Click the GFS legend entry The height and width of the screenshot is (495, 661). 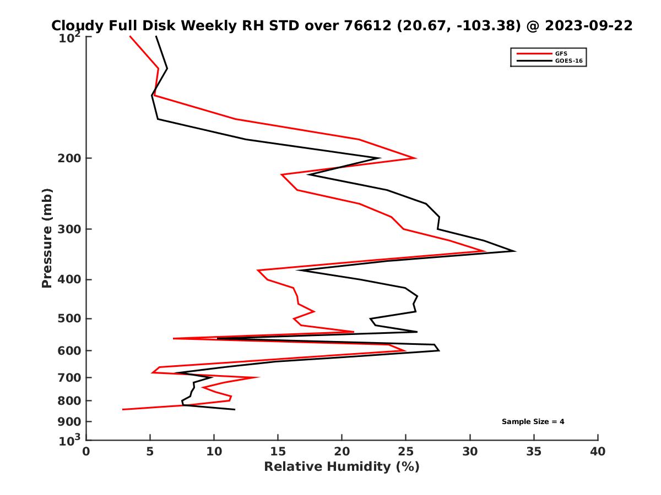(561, 53)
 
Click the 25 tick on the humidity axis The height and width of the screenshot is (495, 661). (406, 452)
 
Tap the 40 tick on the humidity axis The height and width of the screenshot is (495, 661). (598, 452)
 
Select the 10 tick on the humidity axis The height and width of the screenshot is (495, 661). (214, 452)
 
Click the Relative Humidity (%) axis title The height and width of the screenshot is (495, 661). (342, 467)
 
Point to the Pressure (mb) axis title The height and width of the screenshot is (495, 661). (47, 238)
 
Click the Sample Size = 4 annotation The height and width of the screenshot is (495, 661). (533, 422)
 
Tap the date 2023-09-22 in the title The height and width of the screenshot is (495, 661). (588, 26)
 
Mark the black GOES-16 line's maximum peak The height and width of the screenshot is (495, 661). (515, 251)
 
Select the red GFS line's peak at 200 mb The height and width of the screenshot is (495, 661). (415, 158)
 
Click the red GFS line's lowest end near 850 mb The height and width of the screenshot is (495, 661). (123, 409)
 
